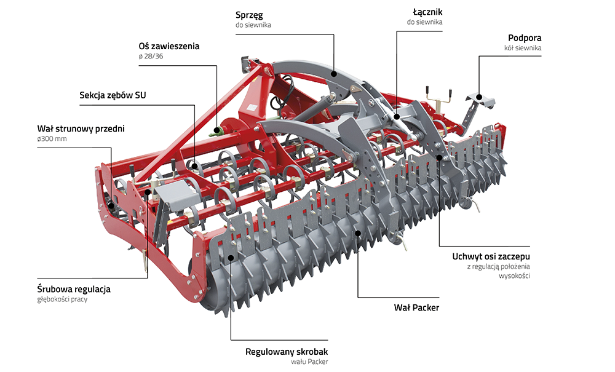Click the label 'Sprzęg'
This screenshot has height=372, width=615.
253,14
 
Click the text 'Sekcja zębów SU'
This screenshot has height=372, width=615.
113,95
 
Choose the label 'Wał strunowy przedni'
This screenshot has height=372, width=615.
81,129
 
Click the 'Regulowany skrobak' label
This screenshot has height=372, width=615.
287,352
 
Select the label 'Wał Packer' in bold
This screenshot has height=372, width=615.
416,307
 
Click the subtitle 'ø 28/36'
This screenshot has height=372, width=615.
151,57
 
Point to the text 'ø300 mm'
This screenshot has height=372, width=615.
52,139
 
